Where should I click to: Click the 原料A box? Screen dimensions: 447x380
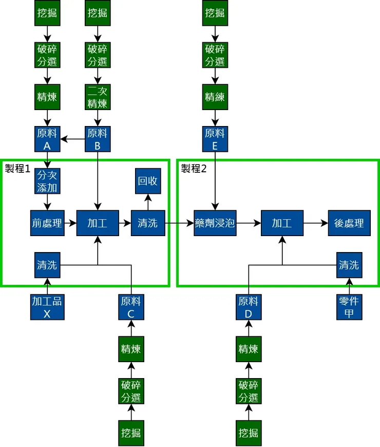coord(47,139)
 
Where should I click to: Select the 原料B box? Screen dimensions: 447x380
coord(98,139)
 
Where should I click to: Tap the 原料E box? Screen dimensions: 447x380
coord(215,139)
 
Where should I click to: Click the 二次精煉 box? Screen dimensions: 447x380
coord(98,97)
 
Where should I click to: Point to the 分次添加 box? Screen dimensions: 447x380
coord(47,181)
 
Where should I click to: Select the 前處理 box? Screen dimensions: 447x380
coord(47,223)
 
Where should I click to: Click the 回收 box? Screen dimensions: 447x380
coord(148,181)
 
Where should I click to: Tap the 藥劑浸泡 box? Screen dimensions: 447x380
coord(215,223)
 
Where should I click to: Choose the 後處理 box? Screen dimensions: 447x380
coord(349,223)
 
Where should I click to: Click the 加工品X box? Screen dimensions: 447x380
coord(47,307)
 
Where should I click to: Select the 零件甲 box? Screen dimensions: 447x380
coord(349,307)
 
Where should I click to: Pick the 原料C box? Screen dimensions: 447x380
coord(131,307)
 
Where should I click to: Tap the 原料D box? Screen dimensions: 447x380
coord(249,307)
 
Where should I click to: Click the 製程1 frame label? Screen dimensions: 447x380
coord(18,169)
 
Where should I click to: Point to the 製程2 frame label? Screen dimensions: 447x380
coord(194,169)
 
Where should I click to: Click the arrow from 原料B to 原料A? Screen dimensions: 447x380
coord(72,139)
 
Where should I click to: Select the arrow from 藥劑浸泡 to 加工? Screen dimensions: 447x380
coord(249,223)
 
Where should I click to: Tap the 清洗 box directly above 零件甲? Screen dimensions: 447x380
coord(349,265)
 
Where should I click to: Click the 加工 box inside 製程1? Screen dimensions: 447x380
coord(98,223)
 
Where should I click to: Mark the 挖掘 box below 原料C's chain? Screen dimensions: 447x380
coord(131,433)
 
